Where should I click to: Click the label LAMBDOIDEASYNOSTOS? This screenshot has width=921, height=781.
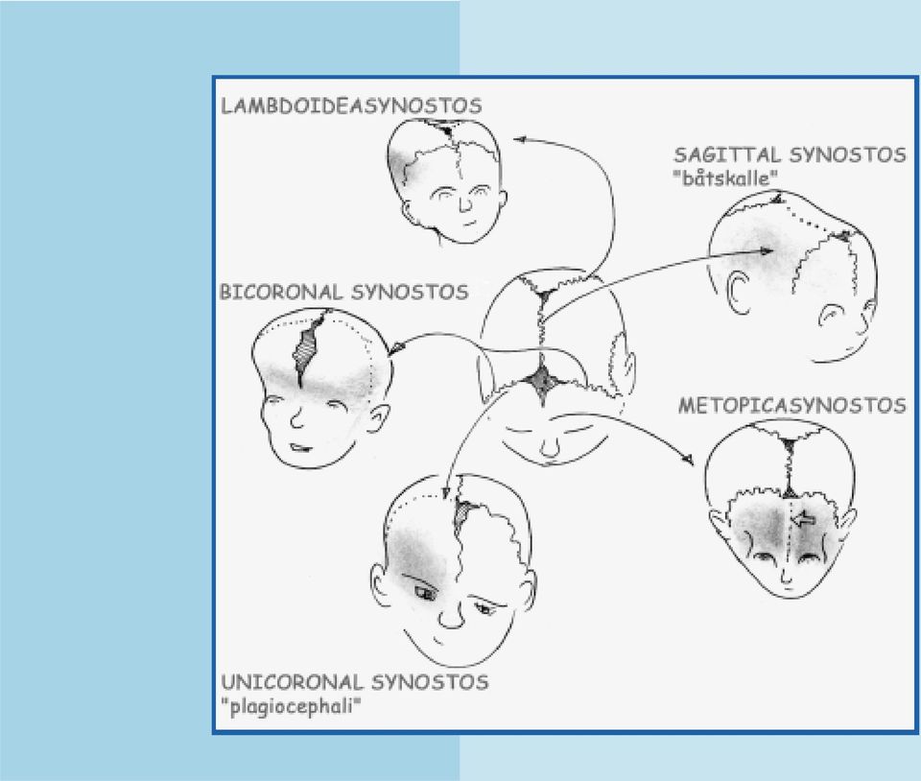pos(351,106)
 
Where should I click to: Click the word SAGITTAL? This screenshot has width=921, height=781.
pos(727,155)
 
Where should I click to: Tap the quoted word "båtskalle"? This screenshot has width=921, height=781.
pos(726,177)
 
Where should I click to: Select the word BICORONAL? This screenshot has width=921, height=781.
pos(280,292)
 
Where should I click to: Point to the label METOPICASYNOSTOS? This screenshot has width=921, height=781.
pos(792,405)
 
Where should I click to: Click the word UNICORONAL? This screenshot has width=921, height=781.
pos(291,682)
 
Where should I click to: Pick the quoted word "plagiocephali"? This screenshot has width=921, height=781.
pos(292,706)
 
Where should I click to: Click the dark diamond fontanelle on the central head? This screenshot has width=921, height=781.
pos(543,381)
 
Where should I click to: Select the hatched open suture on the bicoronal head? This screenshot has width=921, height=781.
pos(307,350)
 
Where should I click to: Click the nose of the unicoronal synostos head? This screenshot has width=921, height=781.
pos(451,614)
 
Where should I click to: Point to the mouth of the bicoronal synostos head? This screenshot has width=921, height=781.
pos(300,447)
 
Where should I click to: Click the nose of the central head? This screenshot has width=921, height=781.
pos(550,446)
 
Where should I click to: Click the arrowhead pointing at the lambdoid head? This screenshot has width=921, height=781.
pos(519,139)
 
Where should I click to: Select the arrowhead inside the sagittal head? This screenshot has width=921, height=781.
pos(767,250)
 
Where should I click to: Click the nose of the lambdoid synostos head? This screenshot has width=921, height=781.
pos(465,203)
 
